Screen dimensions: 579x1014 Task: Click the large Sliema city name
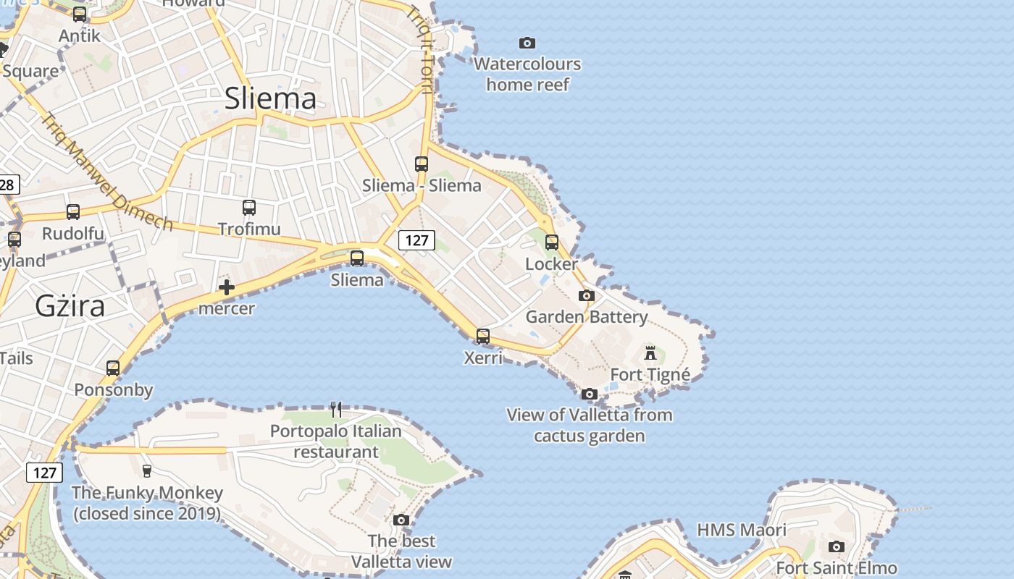(270, 99)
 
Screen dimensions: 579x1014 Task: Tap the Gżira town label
(70, 306)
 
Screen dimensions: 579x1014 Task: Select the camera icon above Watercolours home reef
(527, 43)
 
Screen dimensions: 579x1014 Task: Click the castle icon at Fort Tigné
(650, 353)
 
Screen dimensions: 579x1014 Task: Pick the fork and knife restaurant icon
(336, 410)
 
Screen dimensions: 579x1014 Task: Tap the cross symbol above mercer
(227, 287)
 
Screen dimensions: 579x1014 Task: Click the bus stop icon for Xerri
(483, 337)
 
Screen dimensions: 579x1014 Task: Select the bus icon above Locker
(552, 242)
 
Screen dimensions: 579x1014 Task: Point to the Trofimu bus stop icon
(249, 208)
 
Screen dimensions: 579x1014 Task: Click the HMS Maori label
(742, 530)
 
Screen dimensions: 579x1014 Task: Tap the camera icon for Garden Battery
(587, 295)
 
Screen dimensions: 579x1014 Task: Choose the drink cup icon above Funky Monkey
(147, 471)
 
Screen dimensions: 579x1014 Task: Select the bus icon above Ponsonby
(113, 368)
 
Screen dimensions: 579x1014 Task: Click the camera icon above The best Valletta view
(401, 520)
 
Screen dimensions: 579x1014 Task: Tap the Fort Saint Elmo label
(837, 568)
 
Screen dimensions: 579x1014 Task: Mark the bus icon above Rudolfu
(73, 212)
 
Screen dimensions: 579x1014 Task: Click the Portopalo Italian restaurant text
(335, 441)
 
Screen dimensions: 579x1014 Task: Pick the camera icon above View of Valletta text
(590, 394)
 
